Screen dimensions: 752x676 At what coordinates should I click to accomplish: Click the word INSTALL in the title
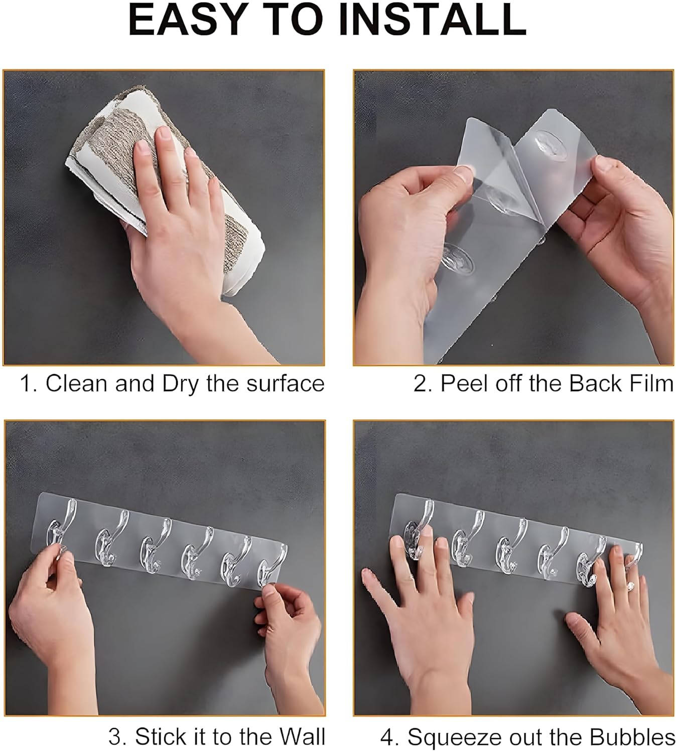tap(432, 20)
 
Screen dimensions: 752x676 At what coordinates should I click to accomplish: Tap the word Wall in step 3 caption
tap(302, 737)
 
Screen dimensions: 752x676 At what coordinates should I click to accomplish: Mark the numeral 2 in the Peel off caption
tap(420, 384)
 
